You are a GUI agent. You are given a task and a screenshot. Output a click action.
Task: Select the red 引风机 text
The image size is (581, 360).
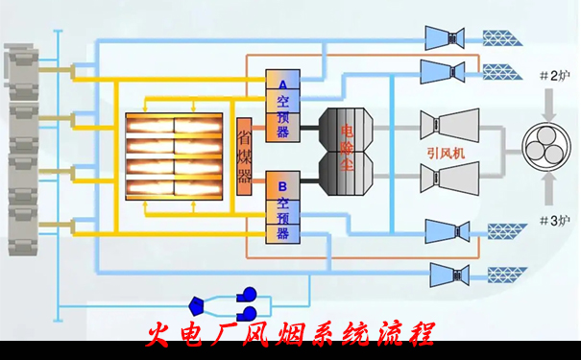(447, 152)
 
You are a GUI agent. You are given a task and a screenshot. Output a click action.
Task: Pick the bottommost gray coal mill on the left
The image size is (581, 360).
(20, 235)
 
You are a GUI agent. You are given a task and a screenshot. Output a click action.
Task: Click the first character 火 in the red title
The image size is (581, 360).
(159, 334)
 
